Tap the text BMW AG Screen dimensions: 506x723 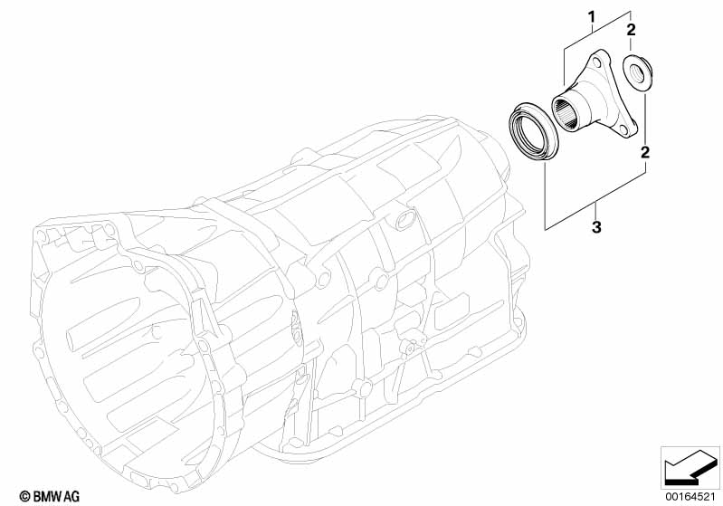coord(42,495)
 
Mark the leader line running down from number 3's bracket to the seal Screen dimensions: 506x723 coord(545,195)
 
